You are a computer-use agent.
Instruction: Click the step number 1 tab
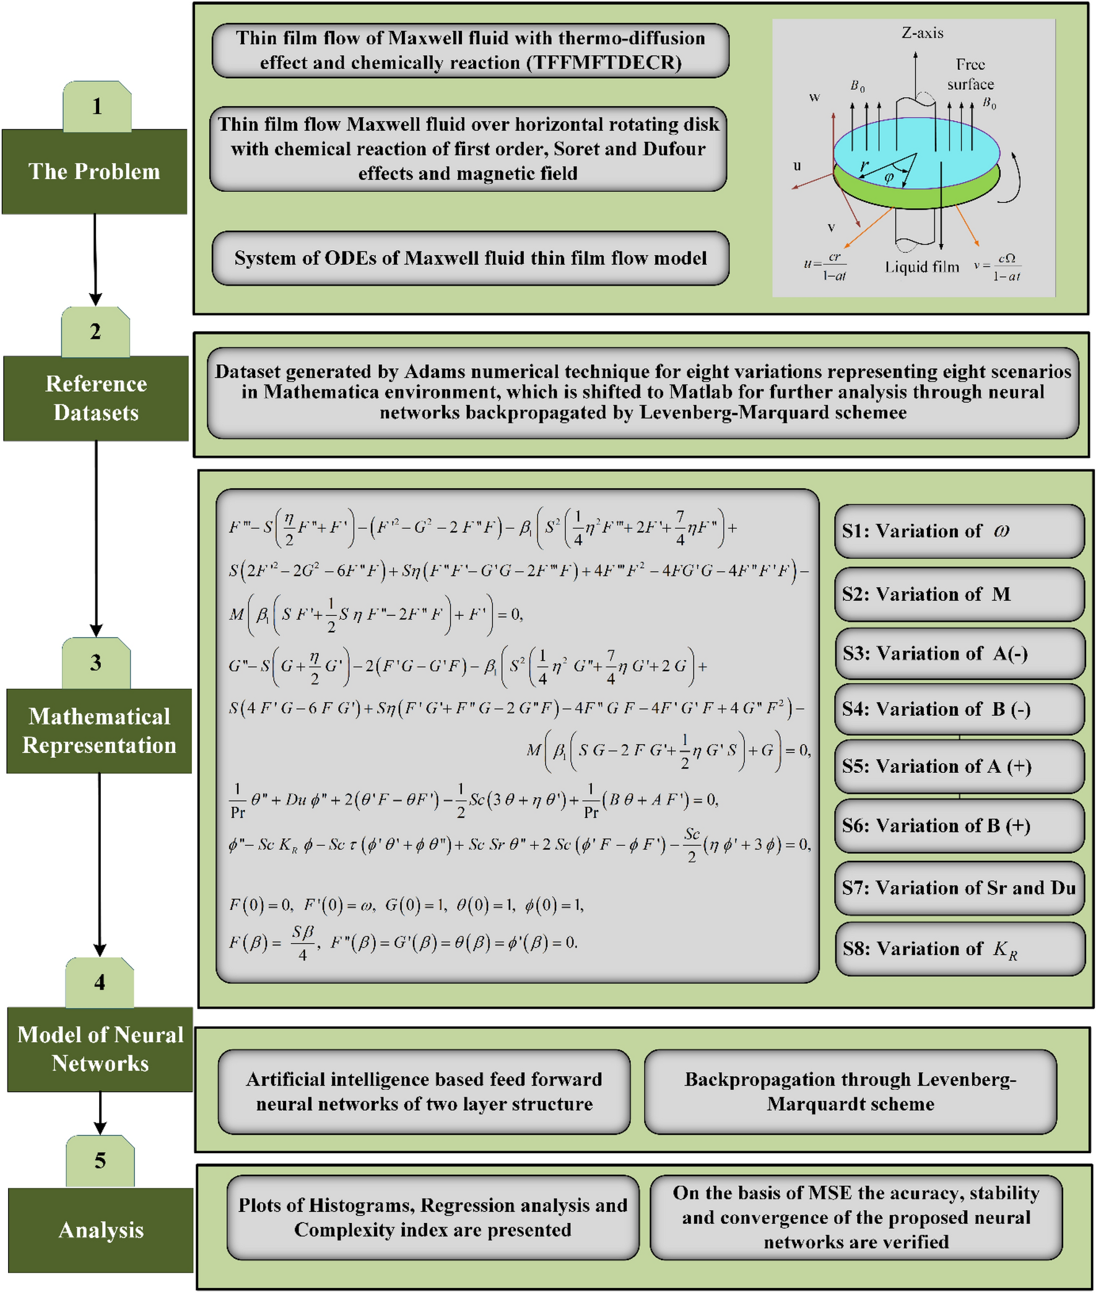click(97, 107)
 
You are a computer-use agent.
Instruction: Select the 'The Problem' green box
click(95, 172)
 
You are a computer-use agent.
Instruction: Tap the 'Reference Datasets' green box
click(97, 398)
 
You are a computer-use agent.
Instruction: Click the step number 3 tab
click(96, 663)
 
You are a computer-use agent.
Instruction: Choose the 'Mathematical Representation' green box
click(100, 731)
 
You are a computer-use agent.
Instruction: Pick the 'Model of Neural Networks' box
click(100, 1049)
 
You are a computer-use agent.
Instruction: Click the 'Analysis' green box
click(101, 1230)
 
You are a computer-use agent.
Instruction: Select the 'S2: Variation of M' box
click(959, 594)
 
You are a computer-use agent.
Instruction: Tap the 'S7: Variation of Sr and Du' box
click(959, 887)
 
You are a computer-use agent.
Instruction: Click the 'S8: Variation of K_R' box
click(959, 948)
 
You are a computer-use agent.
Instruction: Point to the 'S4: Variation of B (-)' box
click(959, 709)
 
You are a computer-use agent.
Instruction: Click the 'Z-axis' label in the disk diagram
click(922, 33)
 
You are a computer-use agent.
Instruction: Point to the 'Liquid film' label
click(922, 267)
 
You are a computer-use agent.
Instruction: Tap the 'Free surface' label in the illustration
click(970, 74)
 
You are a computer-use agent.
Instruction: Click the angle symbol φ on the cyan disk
click(889, 178)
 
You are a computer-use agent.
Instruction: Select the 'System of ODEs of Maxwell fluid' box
click(471, 258)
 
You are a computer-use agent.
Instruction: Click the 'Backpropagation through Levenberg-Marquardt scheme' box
click(850, 1092)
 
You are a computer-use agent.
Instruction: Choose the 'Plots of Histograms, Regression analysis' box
click(432, 1217)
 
